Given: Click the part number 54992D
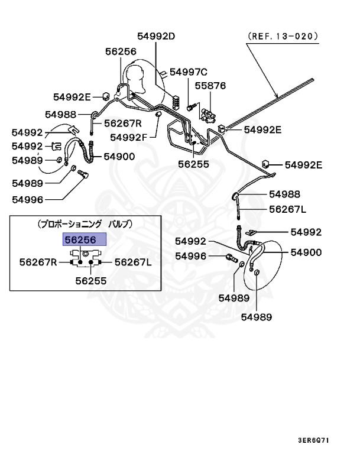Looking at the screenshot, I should (x=157, y=36).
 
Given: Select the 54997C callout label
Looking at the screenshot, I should (x=189, y=72).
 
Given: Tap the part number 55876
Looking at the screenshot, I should (x=210, y=86).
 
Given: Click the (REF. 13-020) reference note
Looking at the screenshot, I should (x=283, y=35).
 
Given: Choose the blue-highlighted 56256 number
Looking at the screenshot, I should (x=85, y=239).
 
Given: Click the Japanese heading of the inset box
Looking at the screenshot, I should (x=85, y=224).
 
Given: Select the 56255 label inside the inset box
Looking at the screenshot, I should (x=90, y=281).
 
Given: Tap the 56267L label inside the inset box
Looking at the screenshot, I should (x=132, y=262).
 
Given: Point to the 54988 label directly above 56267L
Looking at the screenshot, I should (x=284, y=194).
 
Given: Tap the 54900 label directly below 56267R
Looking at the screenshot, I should (x=119, y=157).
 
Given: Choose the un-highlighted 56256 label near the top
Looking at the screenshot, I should (x=121, y=51).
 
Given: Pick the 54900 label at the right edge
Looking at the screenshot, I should (x=306, y=252).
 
